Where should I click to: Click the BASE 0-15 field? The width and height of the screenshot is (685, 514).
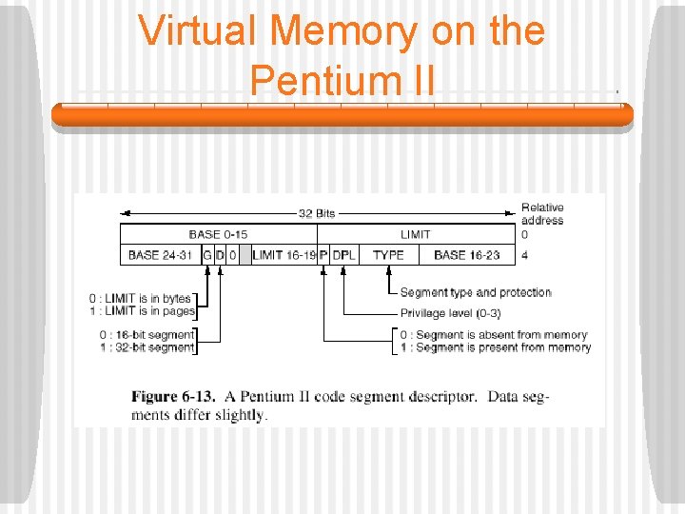click(x=218, y=234)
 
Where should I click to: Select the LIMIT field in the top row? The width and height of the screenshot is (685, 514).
click(x=415, y=234)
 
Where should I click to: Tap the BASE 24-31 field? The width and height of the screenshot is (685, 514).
click(x=160, y=255)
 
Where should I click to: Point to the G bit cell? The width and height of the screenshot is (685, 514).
click(x=207, y=255)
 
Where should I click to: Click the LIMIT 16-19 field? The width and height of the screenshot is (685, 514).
click(x=284, y=255)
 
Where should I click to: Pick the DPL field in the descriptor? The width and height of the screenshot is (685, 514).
click(x=343, y=255)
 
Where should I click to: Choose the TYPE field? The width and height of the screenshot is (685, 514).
click(x=388, y=255)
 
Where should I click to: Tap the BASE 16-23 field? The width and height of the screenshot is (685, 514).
click(x=466, y=255)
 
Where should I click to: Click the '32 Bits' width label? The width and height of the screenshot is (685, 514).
click(x=317, y=213)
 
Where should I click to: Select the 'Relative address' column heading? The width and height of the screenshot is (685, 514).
click(x=542, y=214)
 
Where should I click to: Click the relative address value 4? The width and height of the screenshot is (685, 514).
click(x=525, y=255)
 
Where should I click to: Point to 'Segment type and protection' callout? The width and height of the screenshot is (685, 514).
click(x=476, y=292)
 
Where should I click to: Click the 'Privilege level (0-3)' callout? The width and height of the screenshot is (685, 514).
click(x=450, y=313)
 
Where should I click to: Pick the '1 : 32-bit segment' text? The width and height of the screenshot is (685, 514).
click(x=147, y=347)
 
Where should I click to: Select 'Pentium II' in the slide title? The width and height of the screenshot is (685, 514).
click(x=342, y=80)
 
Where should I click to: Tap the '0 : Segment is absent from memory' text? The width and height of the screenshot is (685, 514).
click(x=493, y=335)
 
